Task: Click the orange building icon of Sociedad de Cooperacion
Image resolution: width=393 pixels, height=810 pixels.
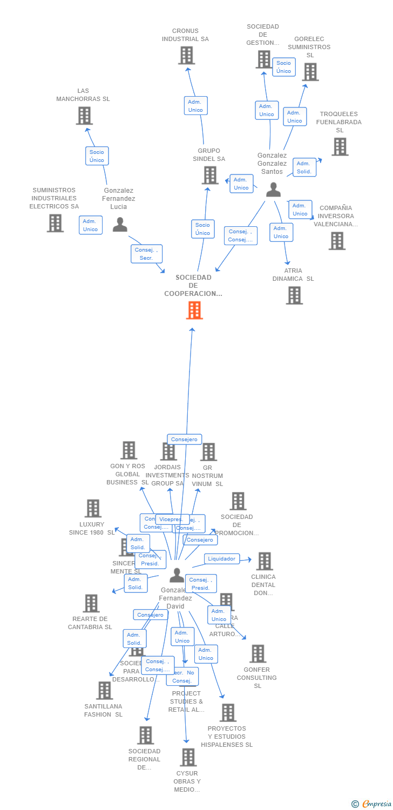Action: pyautogui.click(x=194, y=310)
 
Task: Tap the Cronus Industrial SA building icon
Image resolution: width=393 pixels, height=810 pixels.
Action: pyautogui.click(x=186, y=55)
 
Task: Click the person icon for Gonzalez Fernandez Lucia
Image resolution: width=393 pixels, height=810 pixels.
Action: pyautogui.click(x=120, y=224)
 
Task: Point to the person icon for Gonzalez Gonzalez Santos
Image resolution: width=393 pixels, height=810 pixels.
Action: pyautogui.click(x=274, y=190)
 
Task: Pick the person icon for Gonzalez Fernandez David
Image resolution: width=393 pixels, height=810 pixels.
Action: pyautogui.click(x=177, y=576)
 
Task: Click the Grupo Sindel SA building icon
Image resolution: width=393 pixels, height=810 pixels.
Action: pyautogui.click(x=209, y=175)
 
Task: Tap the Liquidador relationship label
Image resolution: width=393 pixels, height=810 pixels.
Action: pyautogui.click(x=222, y=559)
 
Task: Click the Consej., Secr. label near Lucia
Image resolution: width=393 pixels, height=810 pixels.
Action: pyautogui.click(x=146, y=254)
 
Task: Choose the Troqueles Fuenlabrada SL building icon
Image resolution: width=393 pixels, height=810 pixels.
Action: pyautogui.click(x=340, y=146)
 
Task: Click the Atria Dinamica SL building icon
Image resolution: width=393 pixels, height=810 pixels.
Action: pyautogui.click(x=294, y=295)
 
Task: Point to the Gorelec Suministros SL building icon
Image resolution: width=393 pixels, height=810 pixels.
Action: pyautogui.click(x=310, y=72)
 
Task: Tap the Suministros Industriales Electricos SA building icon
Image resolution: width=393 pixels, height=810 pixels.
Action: pyautogui.click(x=55, y=222)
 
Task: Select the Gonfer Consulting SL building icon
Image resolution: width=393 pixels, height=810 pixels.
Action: pyautogui.click(x=258, y=653)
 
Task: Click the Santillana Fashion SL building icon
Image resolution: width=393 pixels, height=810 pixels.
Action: pyautogui.click(x=104, y=690)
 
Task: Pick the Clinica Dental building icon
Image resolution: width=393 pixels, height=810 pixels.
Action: pyautogui.click(x=264, y=561)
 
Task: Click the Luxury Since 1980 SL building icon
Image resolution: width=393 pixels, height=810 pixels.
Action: pyautogui.click(x=93, y=508)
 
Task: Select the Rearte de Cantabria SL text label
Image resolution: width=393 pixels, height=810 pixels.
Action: pyautogui.click(x=90, y=623)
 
